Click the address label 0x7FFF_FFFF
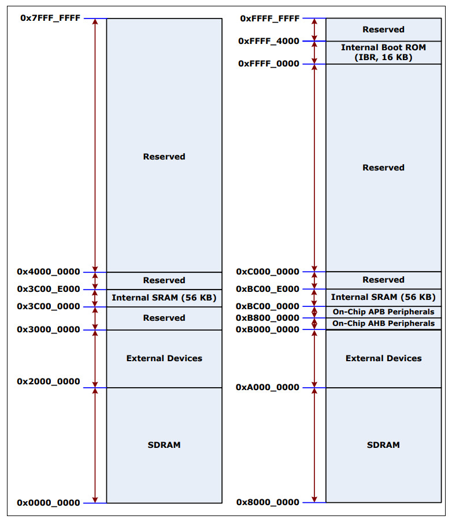(50, 18)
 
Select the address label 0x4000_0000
(49, 272)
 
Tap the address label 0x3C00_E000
(49, 289)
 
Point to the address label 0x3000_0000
(49, 329)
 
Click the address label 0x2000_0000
(49, 381)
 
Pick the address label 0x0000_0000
(49, 503)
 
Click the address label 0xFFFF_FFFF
(270, 18)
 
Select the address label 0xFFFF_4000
(269, 41)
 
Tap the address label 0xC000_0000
(268, 272)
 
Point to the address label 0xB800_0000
(268, 318)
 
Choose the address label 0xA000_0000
(268, 387)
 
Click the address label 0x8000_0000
(268, 502)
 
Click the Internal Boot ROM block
(383, 52)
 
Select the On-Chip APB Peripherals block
(383, 312)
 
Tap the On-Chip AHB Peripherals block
(383, 324)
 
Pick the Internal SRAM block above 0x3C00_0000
(164, 298)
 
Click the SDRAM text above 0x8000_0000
(383, 445)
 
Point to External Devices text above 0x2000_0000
(164, 358)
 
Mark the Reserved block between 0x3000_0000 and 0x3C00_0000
(164, 318)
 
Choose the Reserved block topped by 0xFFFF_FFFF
(383, 29)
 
